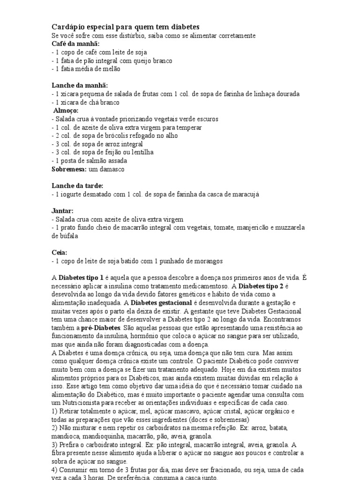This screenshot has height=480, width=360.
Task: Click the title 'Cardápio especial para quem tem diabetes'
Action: tap(125, 28)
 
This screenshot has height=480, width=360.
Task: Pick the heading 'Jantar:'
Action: tap(63, 211)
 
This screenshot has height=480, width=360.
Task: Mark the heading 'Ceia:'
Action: tap(60, 253)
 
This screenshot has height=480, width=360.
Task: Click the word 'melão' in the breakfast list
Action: tap(110, 69)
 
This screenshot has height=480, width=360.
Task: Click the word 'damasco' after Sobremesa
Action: tap(115, 169)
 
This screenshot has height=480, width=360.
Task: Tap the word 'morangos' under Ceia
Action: tap(207, 261)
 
